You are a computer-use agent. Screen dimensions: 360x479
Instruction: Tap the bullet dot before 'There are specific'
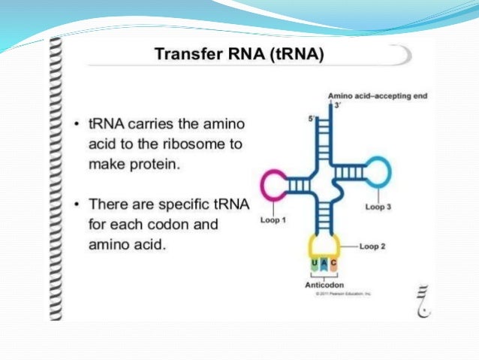click(x=77, y=204)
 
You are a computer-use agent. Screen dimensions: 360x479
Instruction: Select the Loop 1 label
click(x=273, y=220)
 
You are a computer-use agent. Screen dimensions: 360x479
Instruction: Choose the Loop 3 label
click(x=378, y=206)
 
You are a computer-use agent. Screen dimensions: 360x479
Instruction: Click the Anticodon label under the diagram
click(x=324, y=286)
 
